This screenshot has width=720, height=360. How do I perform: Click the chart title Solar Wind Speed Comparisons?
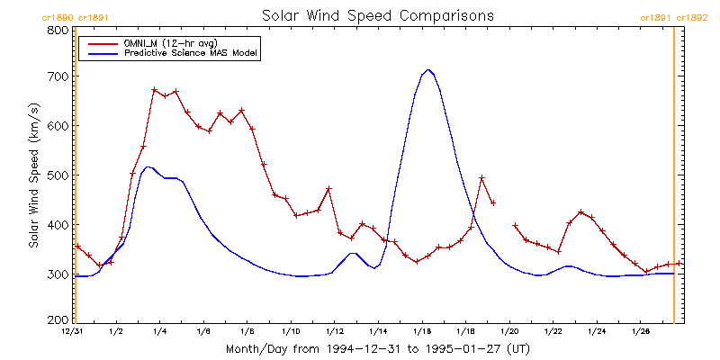377,15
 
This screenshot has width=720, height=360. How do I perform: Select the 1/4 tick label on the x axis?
159,331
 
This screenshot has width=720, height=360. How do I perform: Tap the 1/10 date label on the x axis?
291,331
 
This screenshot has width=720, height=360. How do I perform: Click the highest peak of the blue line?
428,69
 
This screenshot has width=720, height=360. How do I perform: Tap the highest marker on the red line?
155,90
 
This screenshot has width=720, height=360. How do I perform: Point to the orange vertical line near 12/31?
76,180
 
